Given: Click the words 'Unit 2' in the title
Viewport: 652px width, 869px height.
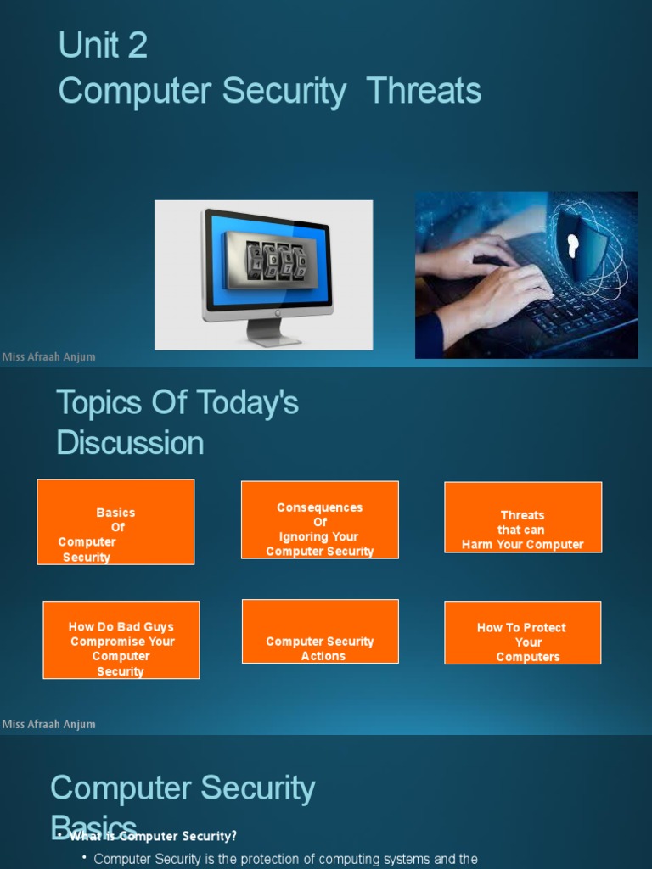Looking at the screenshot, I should pyautogui.click(x=103, y=46).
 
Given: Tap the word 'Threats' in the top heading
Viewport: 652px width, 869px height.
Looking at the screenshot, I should pyautogui.click(x=424, y=91).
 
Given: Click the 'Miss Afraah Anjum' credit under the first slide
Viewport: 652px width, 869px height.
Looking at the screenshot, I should pyautogui.click(x=49, y=356).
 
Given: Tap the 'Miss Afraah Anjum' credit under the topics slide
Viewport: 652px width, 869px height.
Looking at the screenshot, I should pyautogui.click(x=49, y=724).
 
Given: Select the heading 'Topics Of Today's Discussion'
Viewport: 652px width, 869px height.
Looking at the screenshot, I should pyautogui.click(x=177, y=423).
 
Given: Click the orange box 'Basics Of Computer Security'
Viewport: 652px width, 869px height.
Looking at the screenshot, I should pyautogui.click(x=115, y=522).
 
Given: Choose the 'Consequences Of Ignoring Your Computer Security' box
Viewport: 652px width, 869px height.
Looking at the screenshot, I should pyautogui.click(x=319, y=520).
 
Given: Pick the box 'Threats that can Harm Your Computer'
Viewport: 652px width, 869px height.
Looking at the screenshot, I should pyautogui.click(x=523, y=518).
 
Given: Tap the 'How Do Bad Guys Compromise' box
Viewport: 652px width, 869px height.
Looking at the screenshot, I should pyautogui.click(x=121, y=640).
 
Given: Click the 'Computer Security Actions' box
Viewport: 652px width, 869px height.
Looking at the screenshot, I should pyautogui.click(x=320, y=631).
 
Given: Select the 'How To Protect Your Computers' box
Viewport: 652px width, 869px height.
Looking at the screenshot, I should pyautogui.click(x=522, y=632).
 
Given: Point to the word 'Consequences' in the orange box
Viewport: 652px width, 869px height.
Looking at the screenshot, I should pyautogui.click(x=319, y=507).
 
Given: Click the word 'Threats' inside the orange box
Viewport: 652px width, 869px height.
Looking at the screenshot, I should pyautogui.click(x=523, y=515).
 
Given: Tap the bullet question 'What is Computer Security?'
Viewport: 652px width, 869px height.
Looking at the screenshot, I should pyautogui.click(x=153, y=837).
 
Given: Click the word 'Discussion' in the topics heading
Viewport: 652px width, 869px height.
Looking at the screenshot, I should pyautogui.click(x=130, y=443).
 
